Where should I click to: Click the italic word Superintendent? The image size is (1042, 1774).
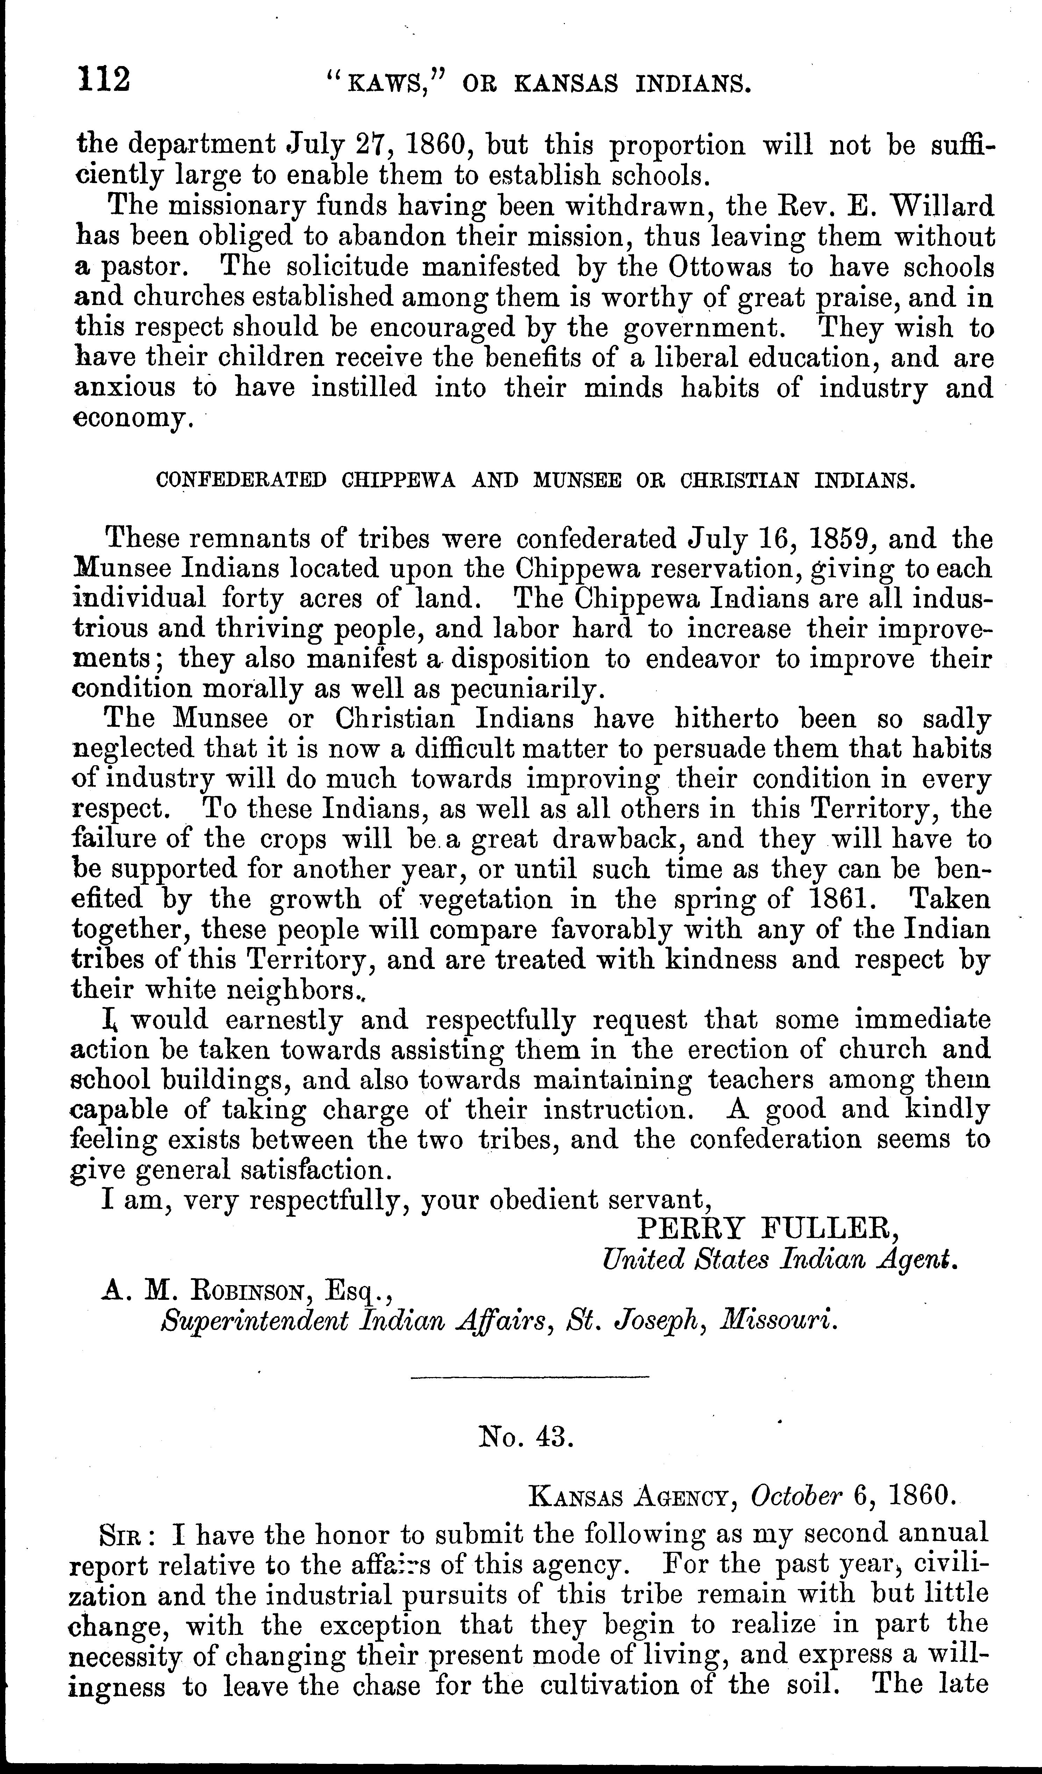click(255, 1321)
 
